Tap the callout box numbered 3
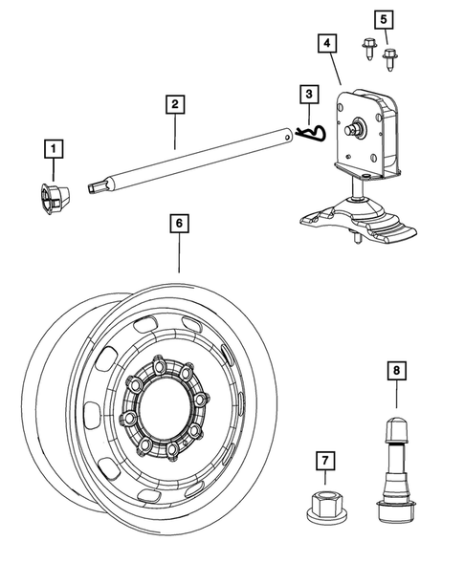309,95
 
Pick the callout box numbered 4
326,44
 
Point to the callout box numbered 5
385,19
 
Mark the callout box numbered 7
325,463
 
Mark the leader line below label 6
178,253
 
